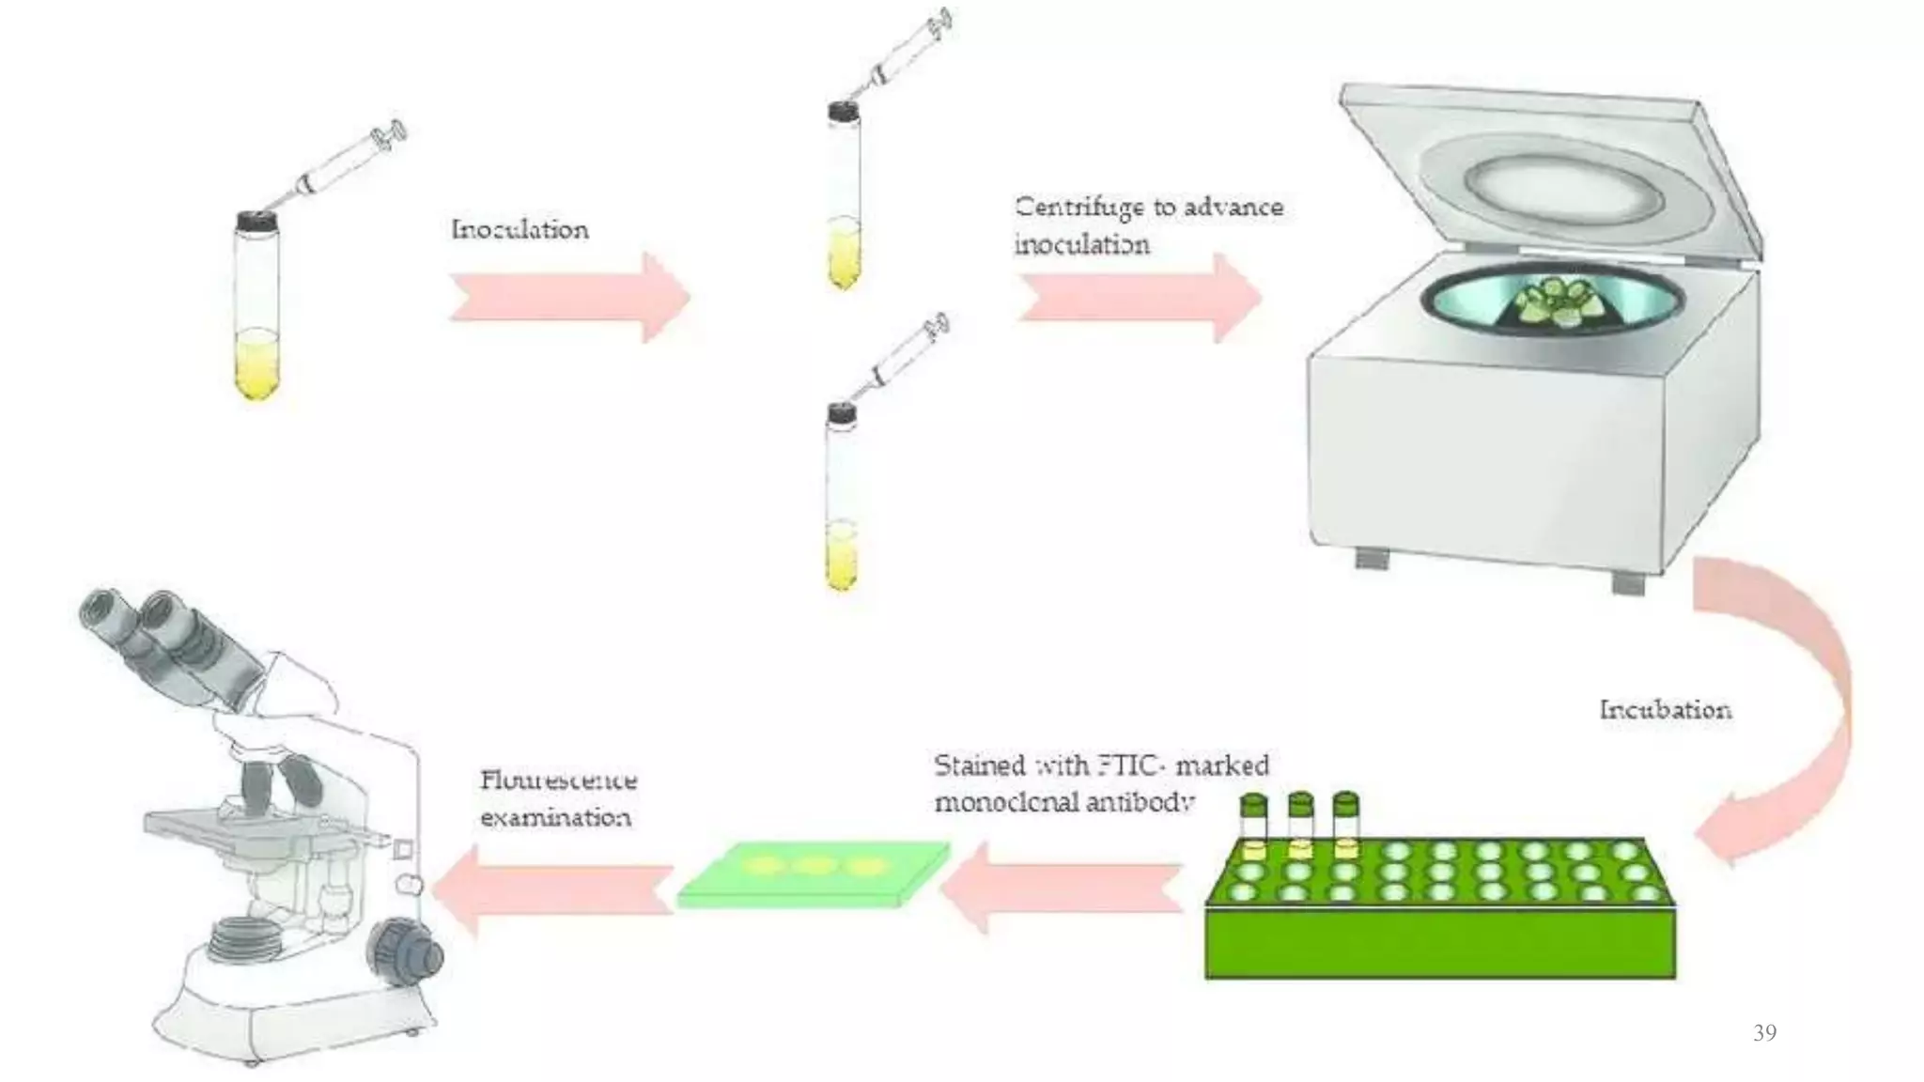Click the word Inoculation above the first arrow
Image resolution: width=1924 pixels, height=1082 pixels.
[x=520, y=230]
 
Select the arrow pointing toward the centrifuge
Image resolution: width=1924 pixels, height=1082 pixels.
[x=1139, y=297]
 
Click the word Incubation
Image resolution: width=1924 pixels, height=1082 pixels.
[x=1665, y=710]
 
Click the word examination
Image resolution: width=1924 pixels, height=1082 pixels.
[x=555, y=817]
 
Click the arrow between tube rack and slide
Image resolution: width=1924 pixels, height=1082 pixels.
[x=1062, y=889]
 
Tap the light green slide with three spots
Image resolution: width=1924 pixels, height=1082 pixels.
[x=814, y=873]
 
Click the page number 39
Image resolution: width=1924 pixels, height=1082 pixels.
[x=1764, y=1033]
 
